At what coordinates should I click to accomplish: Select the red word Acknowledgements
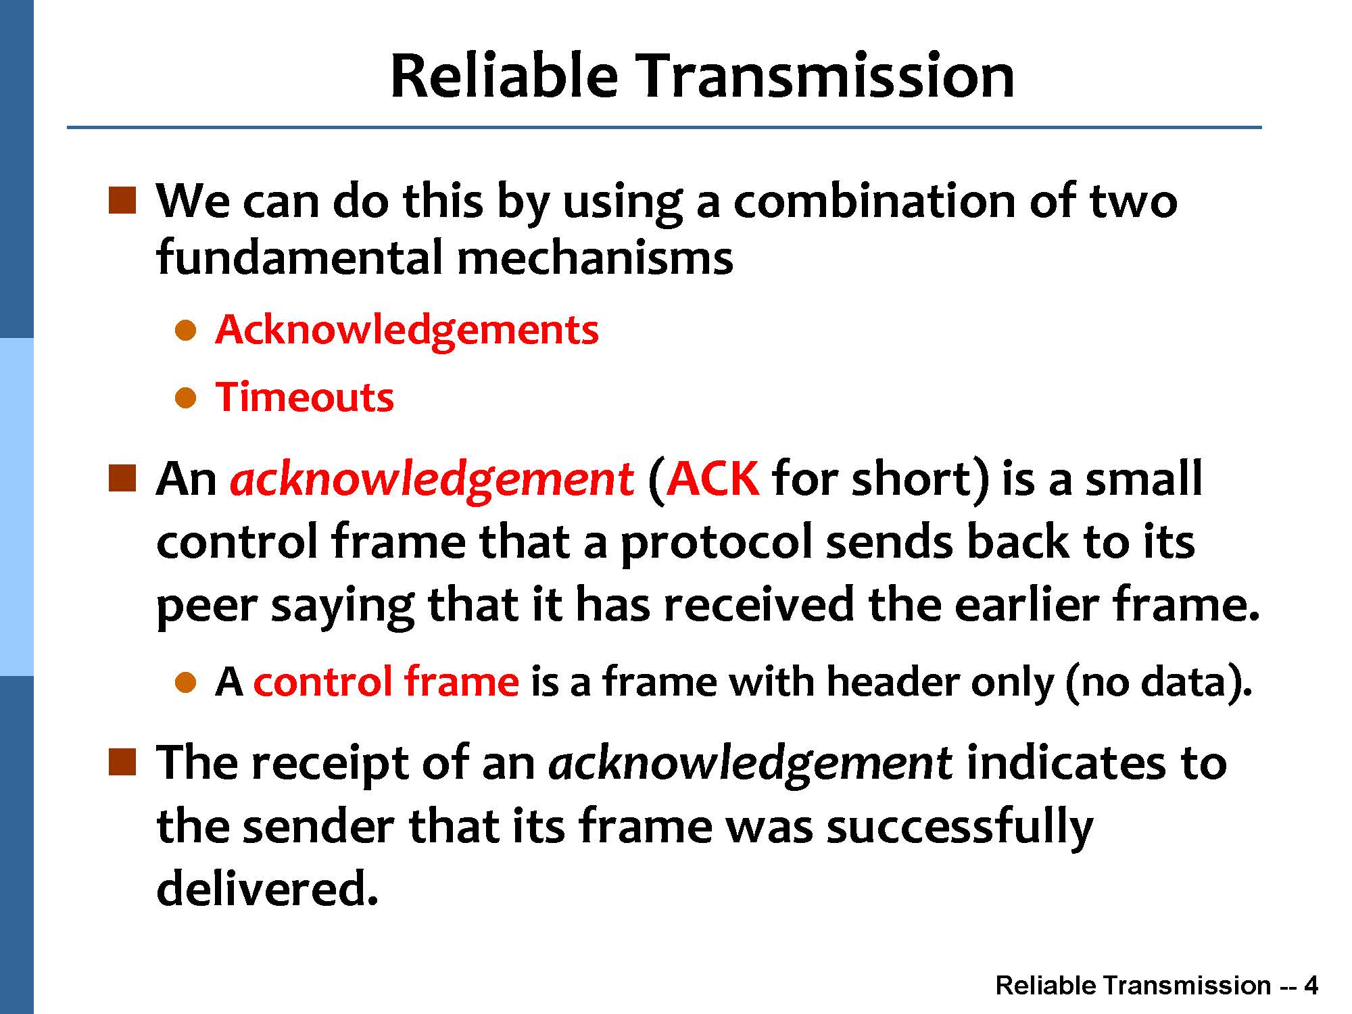407,331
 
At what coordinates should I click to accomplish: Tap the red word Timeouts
304,397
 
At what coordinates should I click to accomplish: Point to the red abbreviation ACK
713,479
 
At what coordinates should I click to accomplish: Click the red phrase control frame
386,681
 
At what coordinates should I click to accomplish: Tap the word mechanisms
595,258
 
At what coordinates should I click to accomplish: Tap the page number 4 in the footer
1311,986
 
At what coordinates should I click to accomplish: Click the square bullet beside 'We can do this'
122,201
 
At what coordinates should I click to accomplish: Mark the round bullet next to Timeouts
185,398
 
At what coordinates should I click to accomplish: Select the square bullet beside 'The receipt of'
122,762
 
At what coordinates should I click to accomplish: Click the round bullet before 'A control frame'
185,683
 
